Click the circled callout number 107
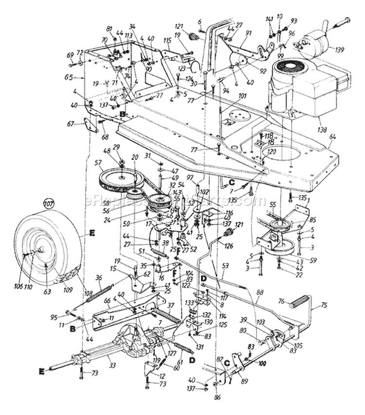[x=48, y=202]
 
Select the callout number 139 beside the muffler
[x=341, y=49]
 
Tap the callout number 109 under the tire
[x=68, y=290]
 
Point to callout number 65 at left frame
[x=68, y=77]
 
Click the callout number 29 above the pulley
[x=116, y=147]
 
